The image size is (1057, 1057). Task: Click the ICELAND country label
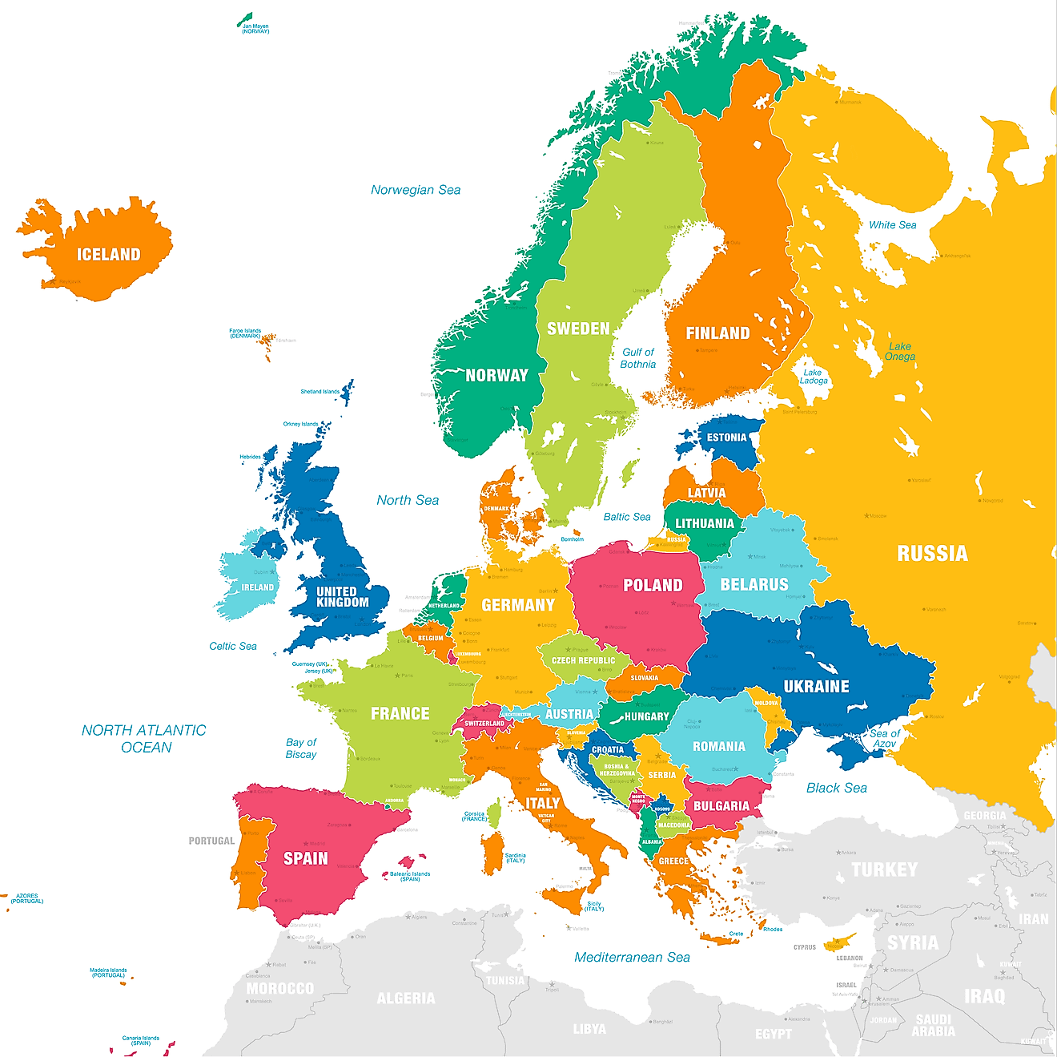tap(108, 255)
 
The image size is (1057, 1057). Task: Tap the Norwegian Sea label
tap(416, 190)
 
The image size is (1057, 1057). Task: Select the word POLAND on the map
tap(653, 586)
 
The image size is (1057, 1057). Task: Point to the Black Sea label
tap(836, 788)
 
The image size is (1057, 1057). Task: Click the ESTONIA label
tap(726, 438)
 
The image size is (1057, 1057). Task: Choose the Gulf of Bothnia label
tap(638, 358)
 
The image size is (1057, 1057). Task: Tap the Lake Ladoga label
tap(814, 377)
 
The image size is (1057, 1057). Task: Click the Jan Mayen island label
tap(255, 28)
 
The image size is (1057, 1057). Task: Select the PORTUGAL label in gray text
tap(211, 841)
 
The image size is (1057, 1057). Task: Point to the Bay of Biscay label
tap(301, 748)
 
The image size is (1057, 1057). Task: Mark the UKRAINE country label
tap(816, 687)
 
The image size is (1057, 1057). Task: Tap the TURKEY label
tap(884, 869)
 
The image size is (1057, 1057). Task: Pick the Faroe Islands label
tap(245, 333)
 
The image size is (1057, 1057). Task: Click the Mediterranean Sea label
tap(632, 957)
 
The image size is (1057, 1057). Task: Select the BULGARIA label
tap(721, 806)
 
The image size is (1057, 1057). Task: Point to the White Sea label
tap(892, 225)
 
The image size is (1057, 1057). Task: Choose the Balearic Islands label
tap(410, 877)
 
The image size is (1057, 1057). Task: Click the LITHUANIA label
tap(704, 524)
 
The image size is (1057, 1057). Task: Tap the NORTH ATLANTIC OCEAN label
tap(144, 739)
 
